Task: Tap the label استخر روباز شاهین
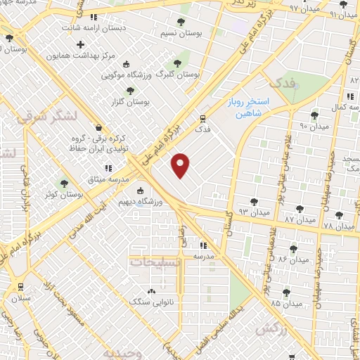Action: click(247, 108)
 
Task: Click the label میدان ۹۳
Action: click(255, 210)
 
